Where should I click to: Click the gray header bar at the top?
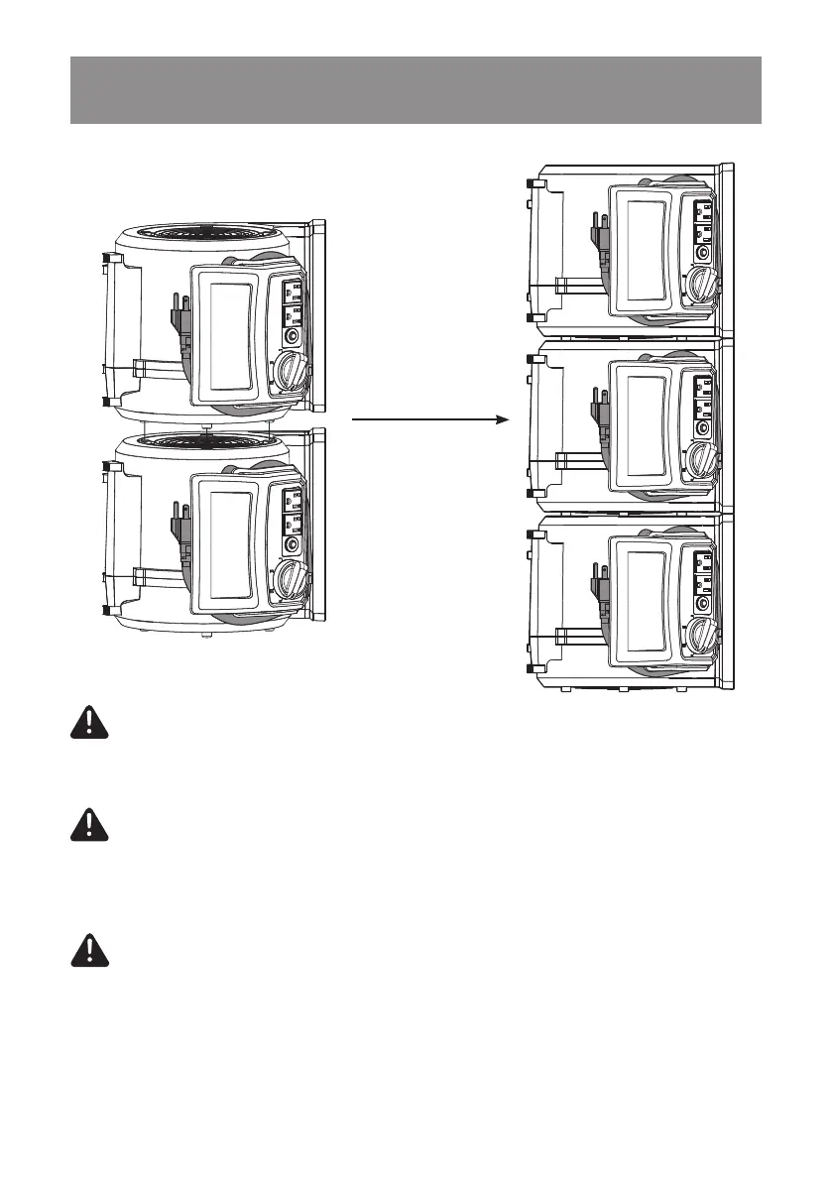click(x=416, y=90)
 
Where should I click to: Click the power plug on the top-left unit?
click(x=181, y=314)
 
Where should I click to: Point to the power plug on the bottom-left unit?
click(x=181, y=522)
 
